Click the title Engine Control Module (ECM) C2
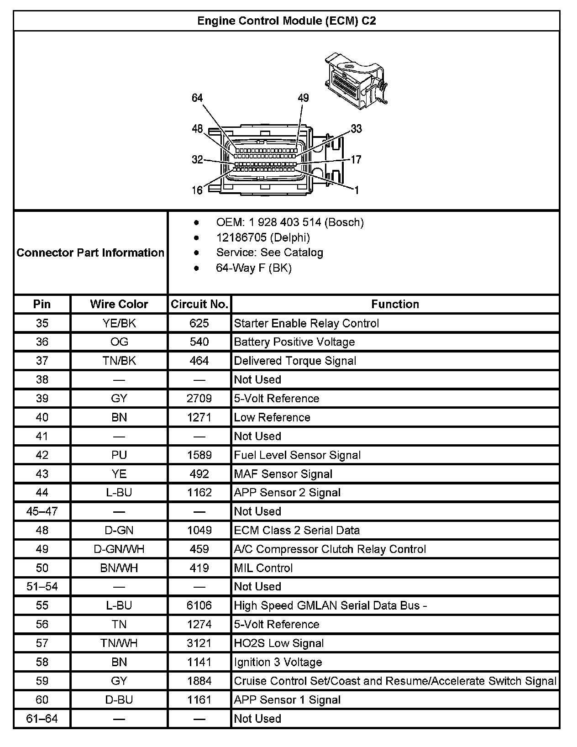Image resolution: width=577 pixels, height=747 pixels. [286, 21]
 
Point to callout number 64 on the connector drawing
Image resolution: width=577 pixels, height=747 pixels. [197, 98]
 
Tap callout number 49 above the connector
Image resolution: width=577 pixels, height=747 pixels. [303, 98]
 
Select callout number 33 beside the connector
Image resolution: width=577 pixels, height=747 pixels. [356, 129]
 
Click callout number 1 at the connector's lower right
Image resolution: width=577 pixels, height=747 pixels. [357, 190]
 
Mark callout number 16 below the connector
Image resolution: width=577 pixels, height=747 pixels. [197, 190]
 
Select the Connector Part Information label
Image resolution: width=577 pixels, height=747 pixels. [90, 253]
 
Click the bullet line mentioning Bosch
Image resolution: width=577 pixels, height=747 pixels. [290, 222]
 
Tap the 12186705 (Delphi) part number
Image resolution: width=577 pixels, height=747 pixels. [263, 237]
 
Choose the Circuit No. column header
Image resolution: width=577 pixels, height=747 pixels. [199, 304]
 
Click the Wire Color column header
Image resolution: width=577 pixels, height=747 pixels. [119, 304]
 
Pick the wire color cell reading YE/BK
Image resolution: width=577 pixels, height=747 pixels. [119, 323]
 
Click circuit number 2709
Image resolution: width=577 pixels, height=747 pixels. [199, 399]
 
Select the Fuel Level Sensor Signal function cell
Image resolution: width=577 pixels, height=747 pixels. [297, 455]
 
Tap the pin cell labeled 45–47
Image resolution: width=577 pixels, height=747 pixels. [42, 511]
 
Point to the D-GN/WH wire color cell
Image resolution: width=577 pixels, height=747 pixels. [119, 549]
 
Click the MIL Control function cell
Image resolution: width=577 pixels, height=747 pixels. [263, 568]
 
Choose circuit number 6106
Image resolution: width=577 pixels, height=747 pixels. [199, 605]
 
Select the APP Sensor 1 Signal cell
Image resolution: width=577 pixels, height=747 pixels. [287, 700]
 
